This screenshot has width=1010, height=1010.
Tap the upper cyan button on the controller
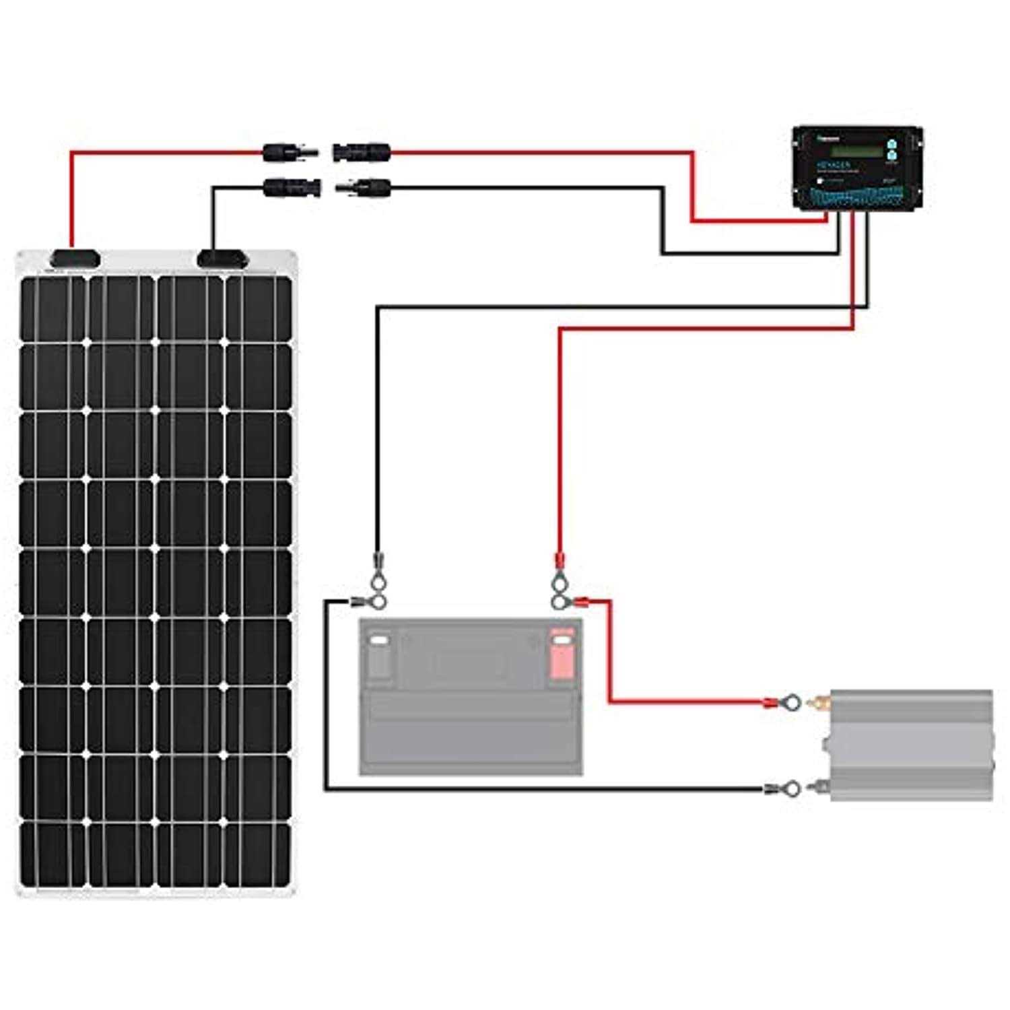tap(891, 144)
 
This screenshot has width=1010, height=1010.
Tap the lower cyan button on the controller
tap(891, 157)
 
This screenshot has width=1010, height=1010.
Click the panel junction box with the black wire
tap(221, 259)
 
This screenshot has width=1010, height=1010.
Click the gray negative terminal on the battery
tap(379, 653)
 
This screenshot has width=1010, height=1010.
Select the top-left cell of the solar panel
tap(53, 308)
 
